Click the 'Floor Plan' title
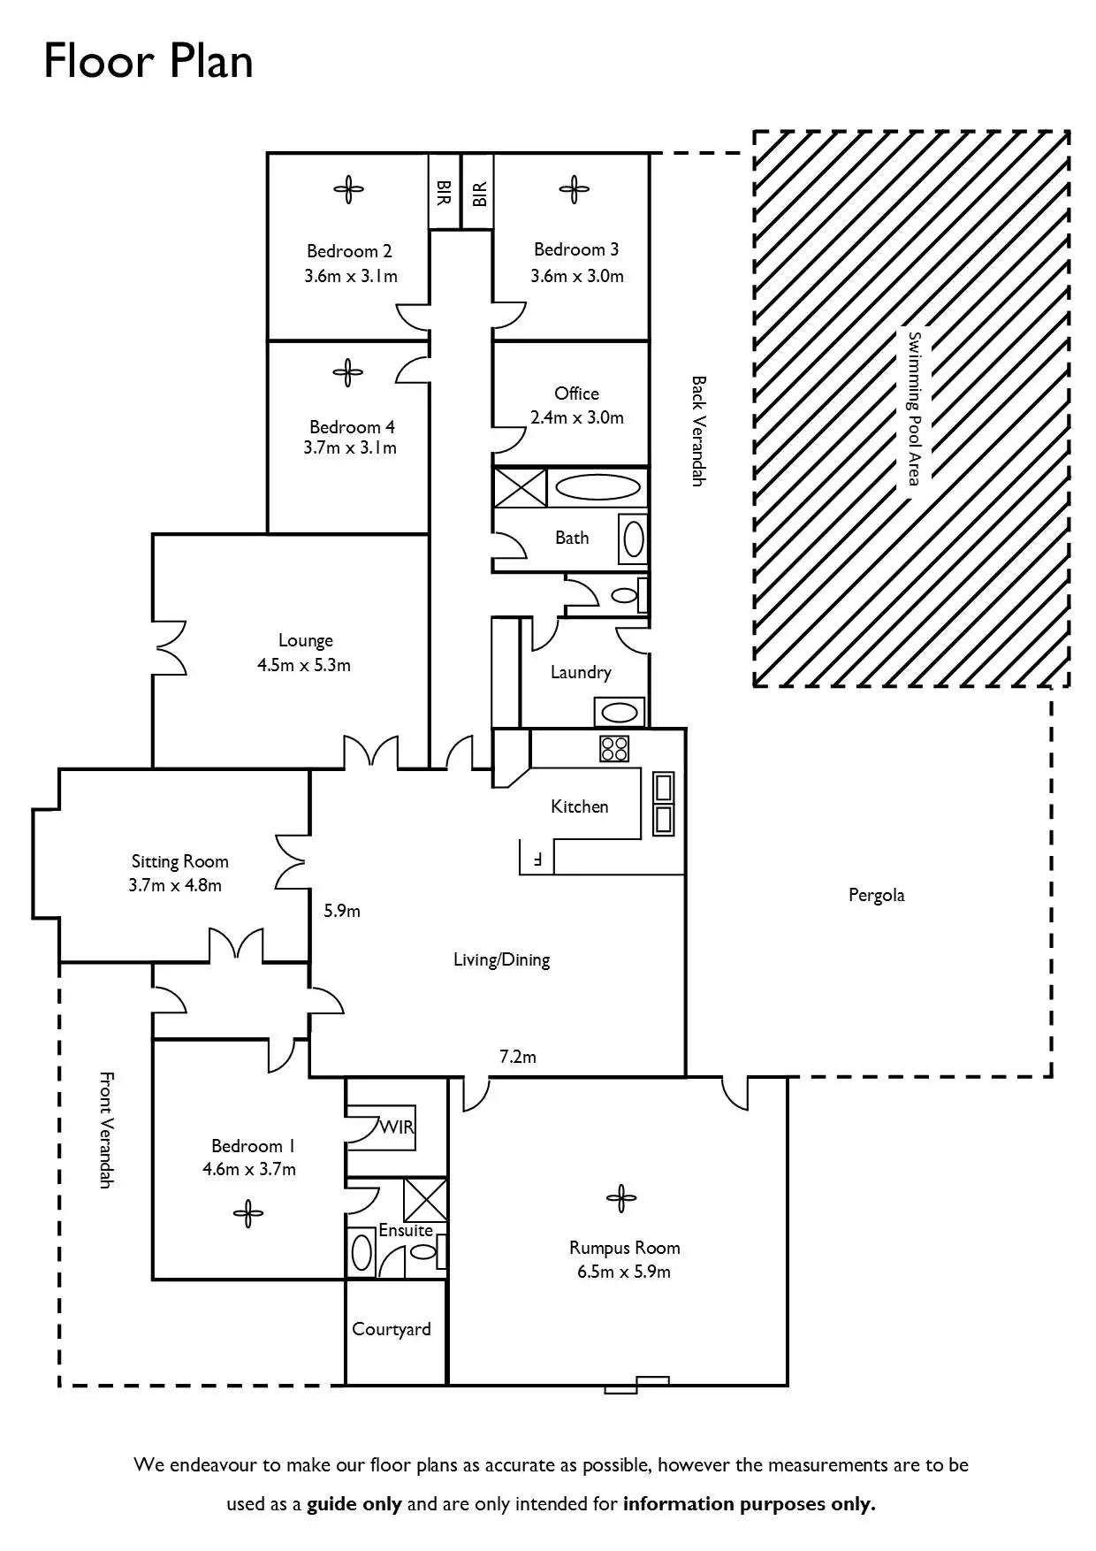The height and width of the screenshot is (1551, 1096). click(x=148, y=62)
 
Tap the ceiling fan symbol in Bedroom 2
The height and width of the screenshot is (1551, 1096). click(x=348, y=188)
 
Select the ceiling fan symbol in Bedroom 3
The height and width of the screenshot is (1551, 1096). click(x=574, y=188)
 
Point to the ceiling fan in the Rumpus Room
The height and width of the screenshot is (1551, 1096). click(x=621, y=1199)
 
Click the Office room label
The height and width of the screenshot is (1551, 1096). click(x=576, y=393)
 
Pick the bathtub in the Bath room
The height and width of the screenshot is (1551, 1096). click(x=596, y=486)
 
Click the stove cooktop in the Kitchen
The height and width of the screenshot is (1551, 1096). click(x=614, y=749)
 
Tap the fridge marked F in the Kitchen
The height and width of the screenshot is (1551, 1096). click(x=536, y=857)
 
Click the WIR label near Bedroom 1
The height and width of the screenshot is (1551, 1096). click(x=397, y=1127)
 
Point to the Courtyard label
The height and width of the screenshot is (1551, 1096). click(x=392, y=1329)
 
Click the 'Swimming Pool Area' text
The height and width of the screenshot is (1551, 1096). click(x=915, y=408)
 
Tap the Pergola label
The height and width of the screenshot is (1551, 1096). click(x=876, y=895)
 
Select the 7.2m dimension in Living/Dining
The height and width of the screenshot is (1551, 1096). click(x=518, y=1056)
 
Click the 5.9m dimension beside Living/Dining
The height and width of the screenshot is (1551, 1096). click(x=342, y=910)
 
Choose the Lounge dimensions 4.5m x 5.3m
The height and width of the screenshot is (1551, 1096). click(x=304, y=665)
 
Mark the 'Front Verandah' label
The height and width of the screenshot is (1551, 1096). click(x=106, y=1129)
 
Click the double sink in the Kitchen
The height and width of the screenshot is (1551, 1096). click(x=663, y=804)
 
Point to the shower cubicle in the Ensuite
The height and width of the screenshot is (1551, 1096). click(x=425, y=1199)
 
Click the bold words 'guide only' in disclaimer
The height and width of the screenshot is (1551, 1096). click(x=354, y=1503)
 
